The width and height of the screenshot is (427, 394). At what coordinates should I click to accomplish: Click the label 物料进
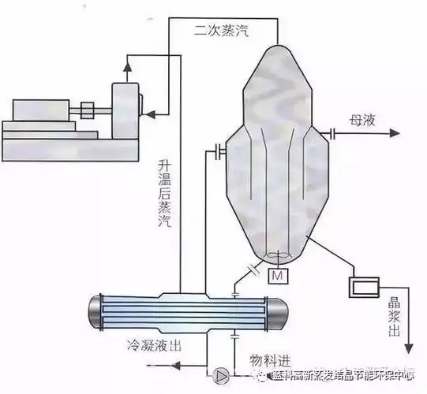[x=264, y=360]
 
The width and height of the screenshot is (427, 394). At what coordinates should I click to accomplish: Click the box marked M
[x=278, y=277]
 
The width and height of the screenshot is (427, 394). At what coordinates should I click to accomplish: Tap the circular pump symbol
[x=222, y=372]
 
